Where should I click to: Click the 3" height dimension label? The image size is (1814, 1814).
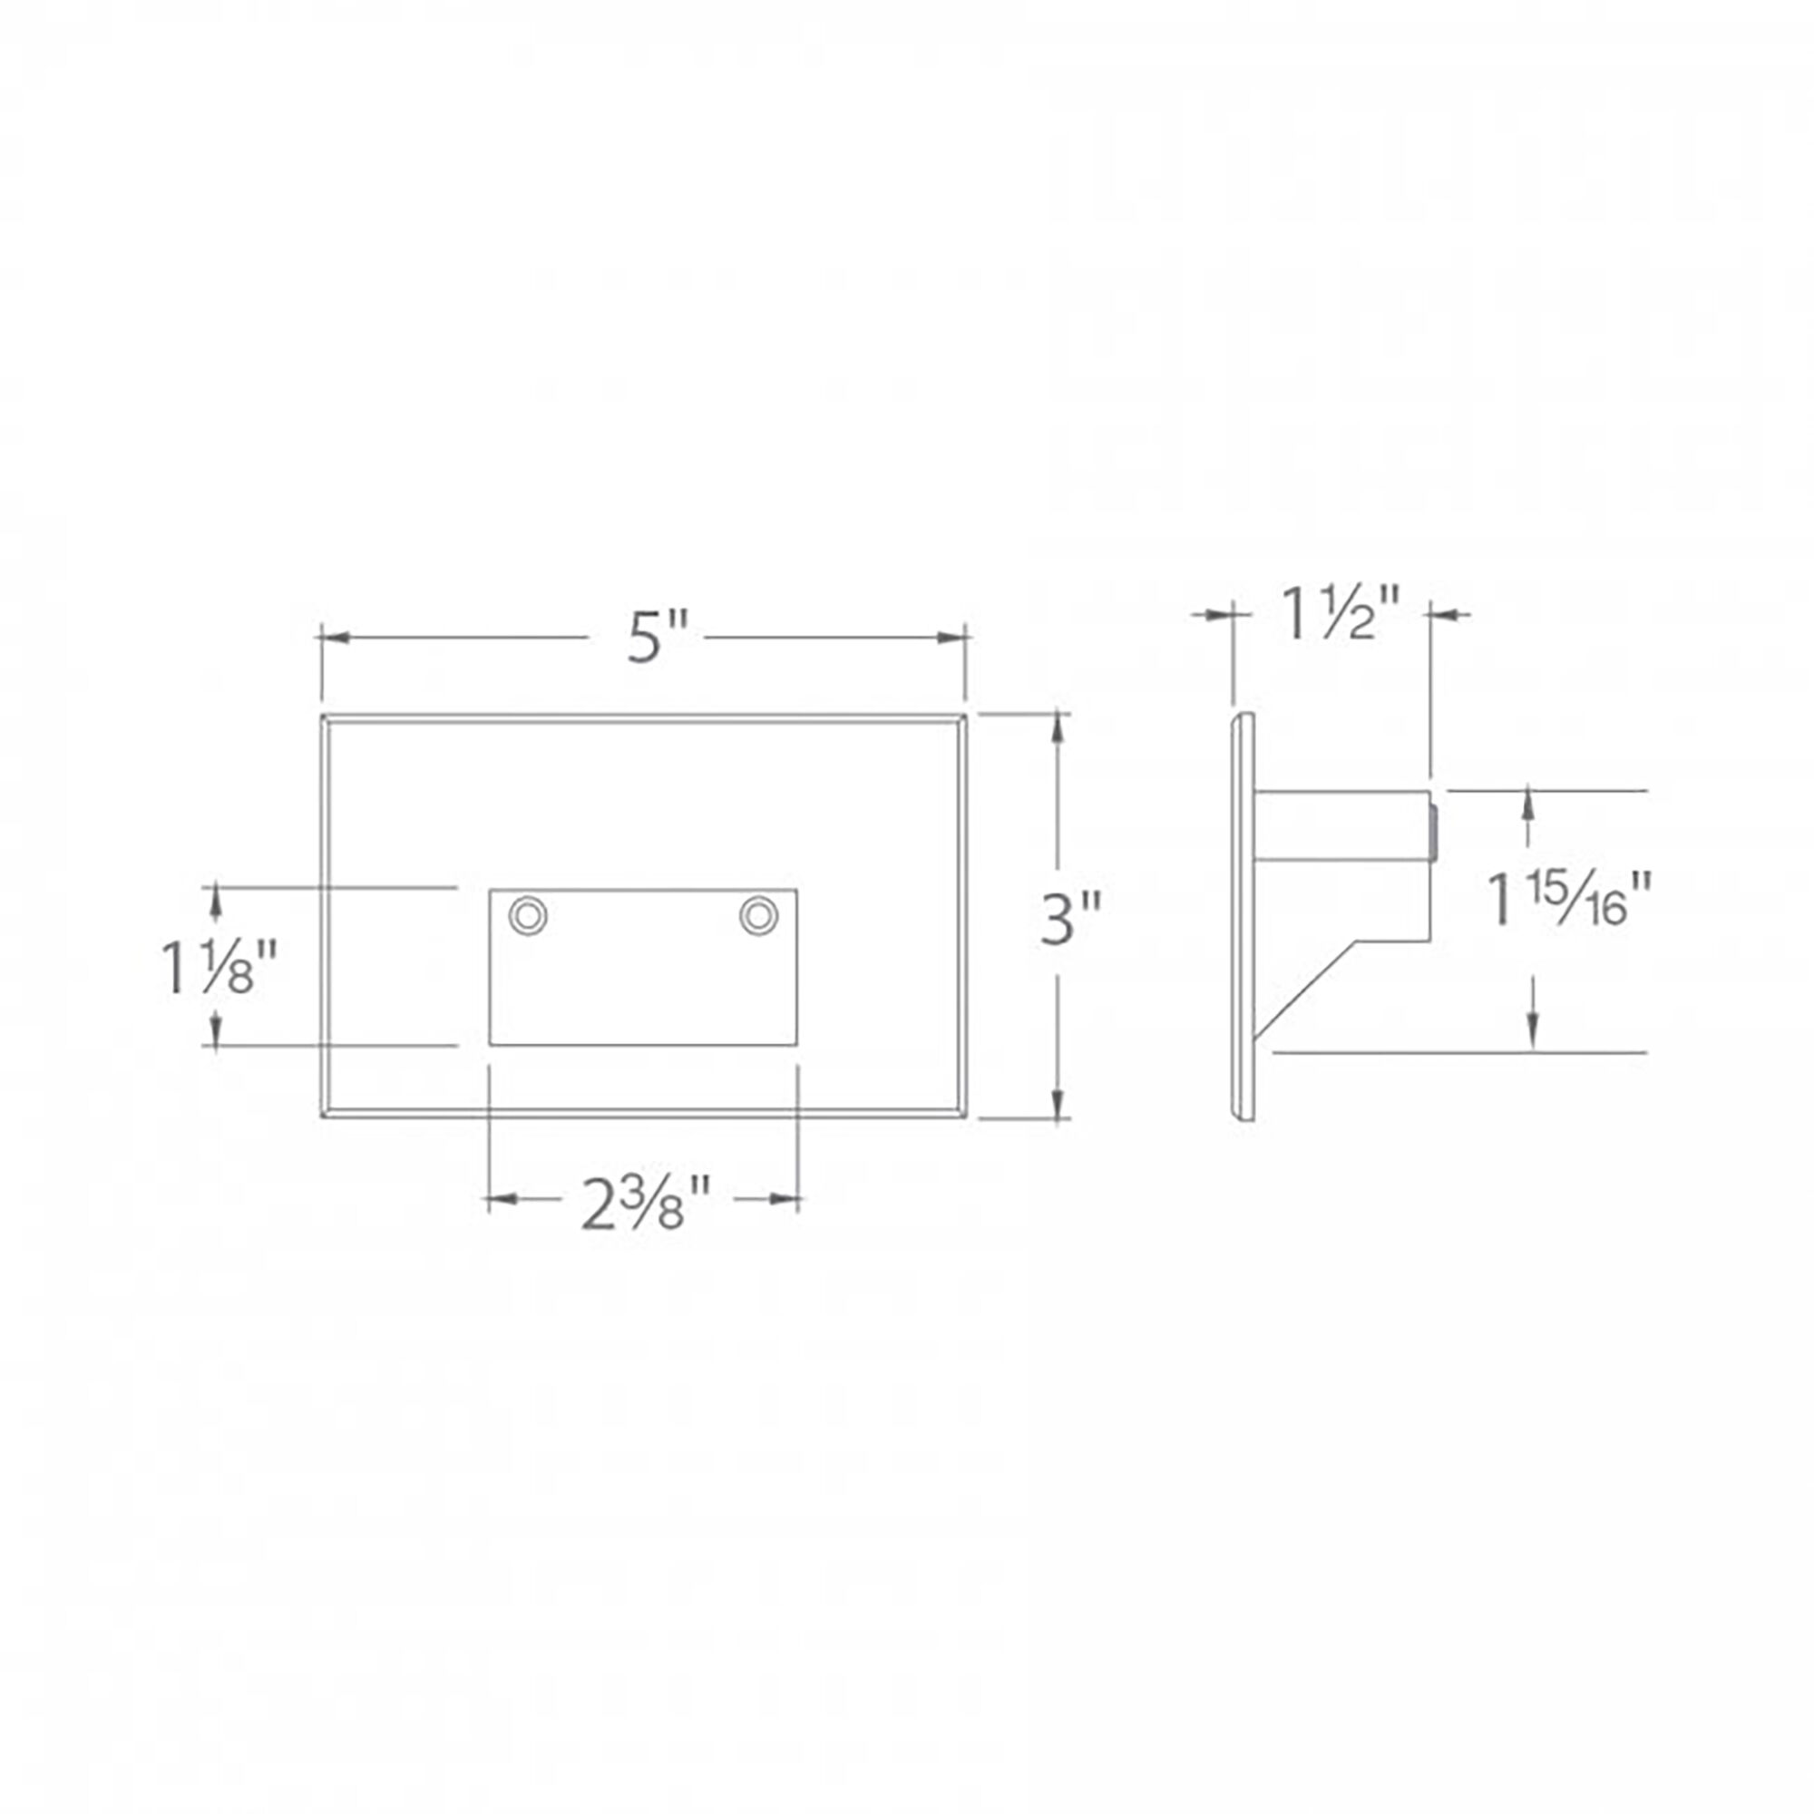point(1070,919)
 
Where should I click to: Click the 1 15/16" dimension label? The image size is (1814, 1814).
point(1569,900)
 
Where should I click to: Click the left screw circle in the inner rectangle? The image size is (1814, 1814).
point(528,915)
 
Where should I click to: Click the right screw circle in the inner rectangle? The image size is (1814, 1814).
point(758,915)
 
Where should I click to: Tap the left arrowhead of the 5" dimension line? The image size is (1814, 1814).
point(336,639)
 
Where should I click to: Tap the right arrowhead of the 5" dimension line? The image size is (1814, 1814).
point(952,639)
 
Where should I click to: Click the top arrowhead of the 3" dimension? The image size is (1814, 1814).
point(1060,728)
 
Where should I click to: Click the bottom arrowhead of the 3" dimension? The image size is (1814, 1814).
point(1060,1103)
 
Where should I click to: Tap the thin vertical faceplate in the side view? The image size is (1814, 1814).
point(1244,916)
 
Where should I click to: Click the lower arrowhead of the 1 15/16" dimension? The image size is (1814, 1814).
point(1531,1033)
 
